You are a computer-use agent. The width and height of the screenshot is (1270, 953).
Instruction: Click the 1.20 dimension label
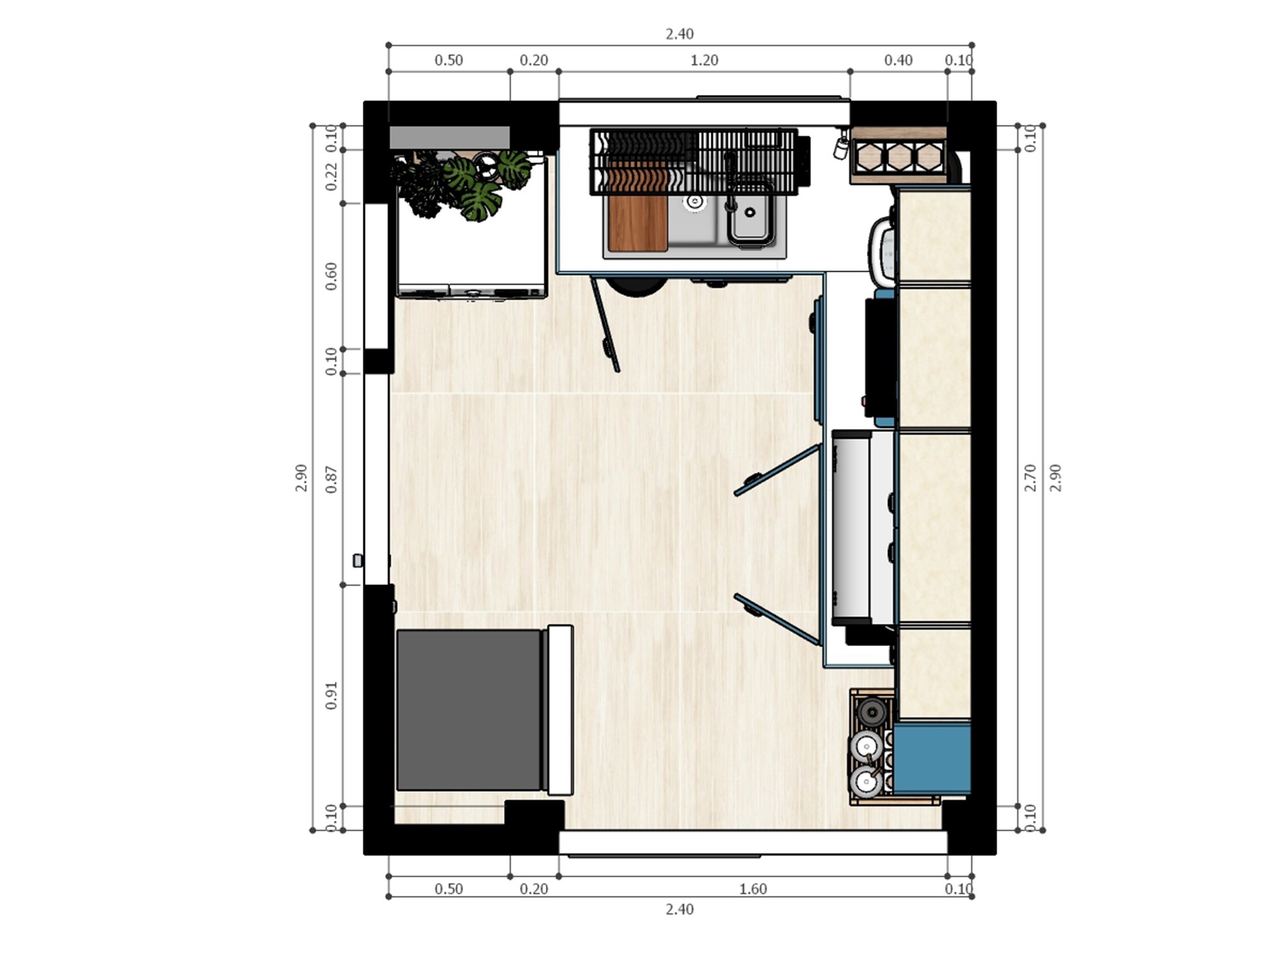704,60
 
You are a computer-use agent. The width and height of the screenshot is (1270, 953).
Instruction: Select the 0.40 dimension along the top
898,60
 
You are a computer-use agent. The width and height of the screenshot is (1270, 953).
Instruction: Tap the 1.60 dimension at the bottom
753,889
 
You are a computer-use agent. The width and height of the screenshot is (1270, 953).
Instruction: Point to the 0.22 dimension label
332,176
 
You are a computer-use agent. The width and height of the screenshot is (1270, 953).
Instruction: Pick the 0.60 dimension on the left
332,276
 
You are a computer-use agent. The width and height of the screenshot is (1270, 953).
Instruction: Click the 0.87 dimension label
332,479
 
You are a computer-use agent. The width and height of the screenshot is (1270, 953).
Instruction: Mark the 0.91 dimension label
332,696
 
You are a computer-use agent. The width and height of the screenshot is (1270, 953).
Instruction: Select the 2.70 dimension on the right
1030,478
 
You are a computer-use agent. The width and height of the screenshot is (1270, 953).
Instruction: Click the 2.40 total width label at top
680,34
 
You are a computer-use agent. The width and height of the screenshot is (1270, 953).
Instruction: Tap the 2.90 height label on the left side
301,478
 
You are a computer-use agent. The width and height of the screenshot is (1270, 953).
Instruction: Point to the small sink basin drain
750,213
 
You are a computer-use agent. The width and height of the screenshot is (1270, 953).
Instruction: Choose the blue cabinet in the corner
931,759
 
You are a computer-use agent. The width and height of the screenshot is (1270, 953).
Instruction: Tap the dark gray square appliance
469,710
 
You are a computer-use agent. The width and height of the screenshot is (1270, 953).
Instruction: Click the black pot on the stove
872,712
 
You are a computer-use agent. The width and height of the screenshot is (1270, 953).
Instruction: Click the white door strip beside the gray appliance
560,710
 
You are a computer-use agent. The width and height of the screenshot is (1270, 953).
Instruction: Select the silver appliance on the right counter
851,527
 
